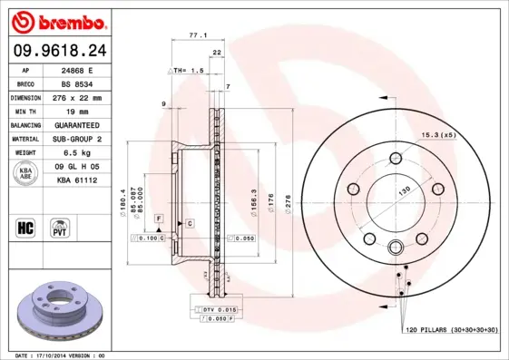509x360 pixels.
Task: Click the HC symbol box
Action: coord(24,227)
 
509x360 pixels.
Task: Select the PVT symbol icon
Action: coord(60,227)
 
